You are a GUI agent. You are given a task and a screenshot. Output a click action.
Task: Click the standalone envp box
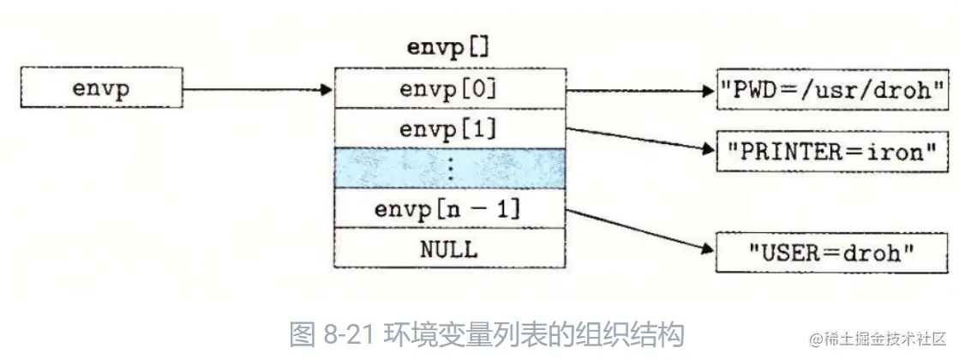(101, 89)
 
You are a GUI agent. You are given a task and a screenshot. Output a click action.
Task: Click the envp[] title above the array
(448, 47)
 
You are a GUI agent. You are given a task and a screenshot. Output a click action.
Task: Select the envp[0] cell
(449, 88)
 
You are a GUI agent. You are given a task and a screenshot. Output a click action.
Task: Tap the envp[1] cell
(449, 129)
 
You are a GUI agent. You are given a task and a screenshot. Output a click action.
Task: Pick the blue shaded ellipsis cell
(449, 168)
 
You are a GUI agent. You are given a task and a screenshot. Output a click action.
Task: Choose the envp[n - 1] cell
(449, 209)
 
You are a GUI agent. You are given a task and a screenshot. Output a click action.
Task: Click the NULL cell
(449, 249)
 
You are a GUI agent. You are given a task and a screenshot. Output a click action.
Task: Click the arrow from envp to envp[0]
(257, 89)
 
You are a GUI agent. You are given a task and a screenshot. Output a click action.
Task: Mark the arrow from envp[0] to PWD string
(638, 89)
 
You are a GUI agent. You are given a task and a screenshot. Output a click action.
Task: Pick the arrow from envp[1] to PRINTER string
(638, 139)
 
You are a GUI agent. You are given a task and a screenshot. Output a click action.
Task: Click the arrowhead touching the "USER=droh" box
(707, 250)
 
